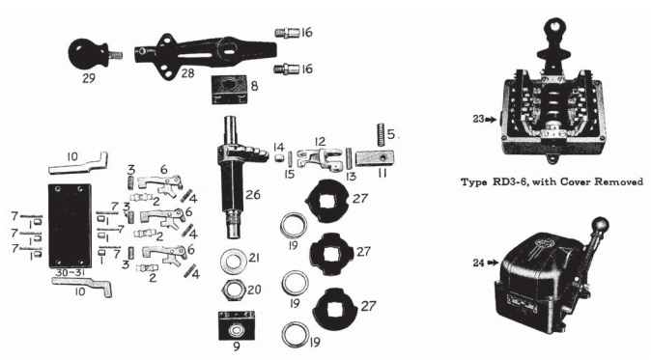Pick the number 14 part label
(277, 146)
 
